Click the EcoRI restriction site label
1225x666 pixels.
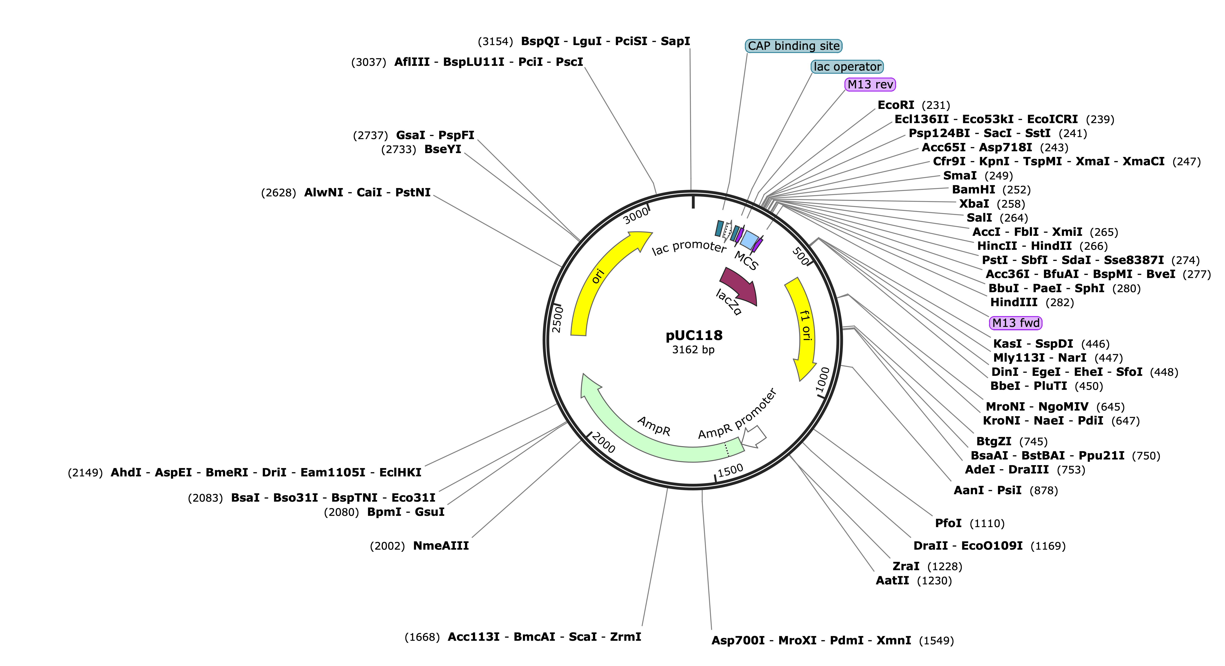coord(896,105)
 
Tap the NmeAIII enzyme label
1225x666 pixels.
coord(441,546)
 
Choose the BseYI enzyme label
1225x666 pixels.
coord(443,149)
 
